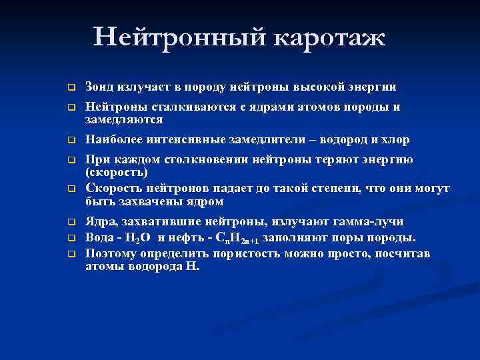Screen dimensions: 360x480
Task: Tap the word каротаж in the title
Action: (x=328, y=38)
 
